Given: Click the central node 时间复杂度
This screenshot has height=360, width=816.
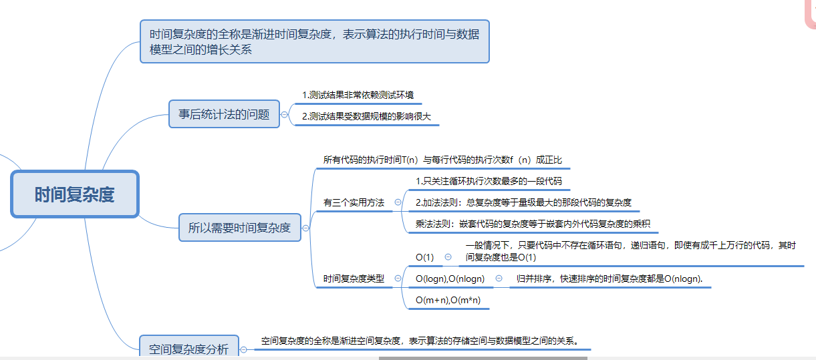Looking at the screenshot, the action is [x=74, y=194].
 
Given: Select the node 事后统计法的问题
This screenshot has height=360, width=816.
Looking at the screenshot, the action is [x=224, y=114].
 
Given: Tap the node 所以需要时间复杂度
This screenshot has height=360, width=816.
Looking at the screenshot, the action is [x=239, y=228].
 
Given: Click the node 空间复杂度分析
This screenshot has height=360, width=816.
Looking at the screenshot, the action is [x=188, y=349].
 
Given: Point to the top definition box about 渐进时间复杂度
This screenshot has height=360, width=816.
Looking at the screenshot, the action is [x=314, y=41].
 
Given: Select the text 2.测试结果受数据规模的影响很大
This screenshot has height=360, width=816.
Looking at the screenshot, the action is [x=366, y=116].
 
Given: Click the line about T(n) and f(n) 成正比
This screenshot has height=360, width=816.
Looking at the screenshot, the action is [x=442, y=160].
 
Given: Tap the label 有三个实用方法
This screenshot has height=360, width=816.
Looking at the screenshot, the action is [x=354, y=202].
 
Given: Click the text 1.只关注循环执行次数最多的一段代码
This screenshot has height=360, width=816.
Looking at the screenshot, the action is [x=489, y=181].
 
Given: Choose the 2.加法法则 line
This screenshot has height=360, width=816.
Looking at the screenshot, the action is [x=523, y=202].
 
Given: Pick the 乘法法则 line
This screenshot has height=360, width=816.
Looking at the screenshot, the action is [x=533, y=224].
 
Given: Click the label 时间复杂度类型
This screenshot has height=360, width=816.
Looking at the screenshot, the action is [x=354, y=279].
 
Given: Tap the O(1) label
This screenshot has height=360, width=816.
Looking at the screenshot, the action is [x=424, y=257].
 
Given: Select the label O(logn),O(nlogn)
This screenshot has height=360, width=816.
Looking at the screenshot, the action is [x=450, y=279].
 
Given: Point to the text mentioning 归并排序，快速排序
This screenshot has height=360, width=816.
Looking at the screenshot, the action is [x=611, y=279].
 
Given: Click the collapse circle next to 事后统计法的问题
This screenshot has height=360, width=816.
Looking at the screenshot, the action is [x=285, y=114].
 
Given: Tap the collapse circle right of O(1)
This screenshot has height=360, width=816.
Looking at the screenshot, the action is [x=448, y=256].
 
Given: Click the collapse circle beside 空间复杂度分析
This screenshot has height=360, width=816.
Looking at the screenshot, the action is [x=243, y=349].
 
